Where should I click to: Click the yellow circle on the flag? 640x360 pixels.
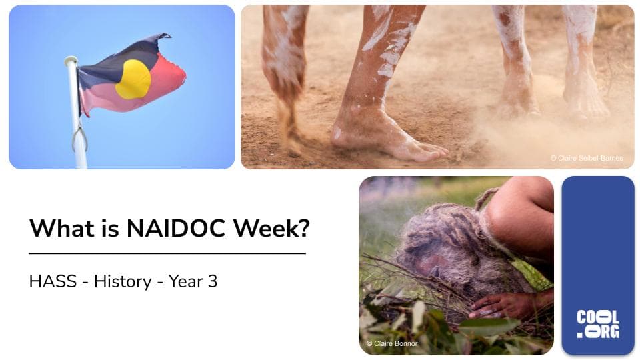tap(133, 79)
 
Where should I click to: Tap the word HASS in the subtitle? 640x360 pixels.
tap(47, 281)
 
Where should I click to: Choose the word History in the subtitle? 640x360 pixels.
tap(122, 281)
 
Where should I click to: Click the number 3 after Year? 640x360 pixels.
tap(213, 281)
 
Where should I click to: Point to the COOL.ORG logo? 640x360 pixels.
tap(597, 324)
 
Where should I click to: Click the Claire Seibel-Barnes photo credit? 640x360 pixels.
tap(587, 158)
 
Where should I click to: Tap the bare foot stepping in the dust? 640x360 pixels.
tap(380, 137)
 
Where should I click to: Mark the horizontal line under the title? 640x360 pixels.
tap(167, 253)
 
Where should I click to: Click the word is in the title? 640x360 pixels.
tap(106, 229)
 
